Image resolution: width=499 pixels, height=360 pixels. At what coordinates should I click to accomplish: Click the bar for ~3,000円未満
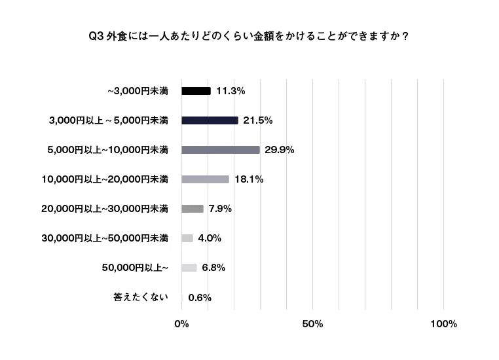[x=196, y=91]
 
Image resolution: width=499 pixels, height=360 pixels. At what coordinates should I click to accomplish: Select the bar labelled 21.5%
[x=210, y=120]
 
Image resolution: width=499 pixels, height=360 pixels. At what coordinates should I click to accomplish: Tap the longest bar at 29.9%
[x=221, y=150]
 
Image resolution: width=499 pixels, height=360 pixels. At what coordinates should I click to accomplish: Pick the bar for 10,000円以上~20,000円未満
[x=205, y=179]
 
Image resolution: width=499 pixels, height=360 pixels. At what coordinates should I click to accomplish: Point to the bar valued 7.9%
[x=193, y=209]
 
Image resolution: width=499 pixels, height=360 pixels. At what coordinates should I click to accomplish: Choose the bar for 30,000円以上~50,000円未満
[x=187, y=238]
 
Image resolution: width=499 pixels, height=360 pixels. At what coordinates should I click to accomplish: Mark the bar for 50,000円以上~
[x=189, y=268]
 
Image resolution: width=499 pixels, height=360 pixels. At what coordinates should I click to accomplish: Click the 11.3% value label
[x=230, y=91]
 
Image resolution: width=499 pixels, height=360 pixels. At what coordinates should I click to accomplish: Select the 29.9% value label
[x=279, y=150]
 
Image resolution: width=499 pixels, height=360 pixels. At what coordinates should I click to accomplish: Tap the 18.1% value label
[x=248, y=179]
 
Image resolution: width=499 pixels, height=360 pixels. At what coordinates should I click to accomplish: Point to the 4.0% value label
[x=210, y=238]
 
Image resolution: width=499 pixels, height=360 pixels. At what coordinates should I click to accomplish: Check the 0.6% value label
[x=200, y=297]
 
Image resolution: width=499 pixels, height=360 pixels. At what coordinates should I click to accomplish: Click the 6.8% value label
[x=213, y=268]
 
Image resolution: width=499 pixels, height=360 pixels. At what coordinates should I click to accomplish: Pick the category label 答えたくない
[x=141, y=297]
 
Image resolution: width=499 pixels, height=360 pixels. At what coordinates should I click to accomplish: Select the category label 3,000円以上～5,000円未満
[x=109, y=120]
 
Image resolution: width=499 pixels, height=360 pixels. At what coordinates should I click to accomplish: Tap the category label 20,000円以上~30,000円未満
[x=105, y=209]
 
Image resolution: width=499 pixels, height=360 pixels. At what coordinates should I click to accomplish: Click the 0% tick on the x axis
[x=181, y=325]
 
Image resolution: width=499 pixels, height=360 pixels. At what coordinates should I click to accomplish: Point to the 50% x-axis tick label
[x=313, y=325]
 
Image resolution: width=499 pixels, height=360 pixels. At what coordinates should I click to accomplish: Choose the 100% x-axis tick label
[x=443, y=325]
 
